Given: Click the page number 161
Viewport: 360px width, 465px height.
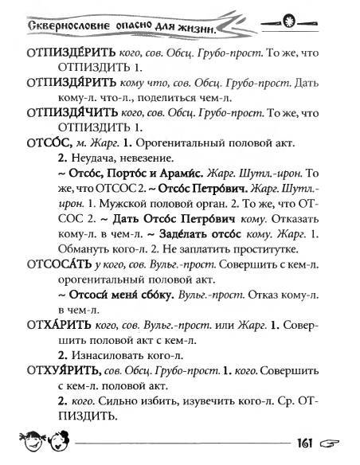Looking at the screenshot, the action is [x=309, y=445].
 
